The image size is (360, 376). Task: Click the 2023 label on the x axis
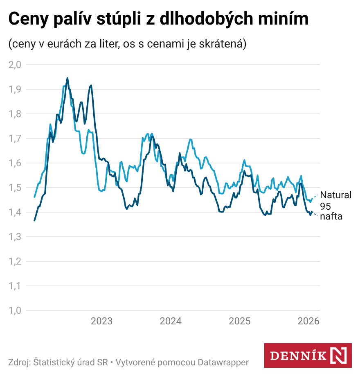(101, 321)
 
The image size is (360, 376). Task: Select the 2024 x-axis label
(171, 321)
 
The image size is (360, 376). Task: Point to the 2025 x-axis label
(239, 321)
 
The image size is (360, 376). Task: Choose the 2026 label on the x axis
(308, 321)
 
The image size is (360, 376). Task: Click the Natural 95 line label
(335, 200)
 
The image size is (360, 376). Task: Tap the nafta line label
(331, 216)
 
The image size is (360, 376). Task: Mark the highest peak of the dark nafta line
(67, 78)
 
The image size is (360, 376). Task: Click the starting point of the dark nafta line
(34, 220)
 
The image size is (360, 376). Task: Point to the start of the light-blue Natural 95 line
(34, 197)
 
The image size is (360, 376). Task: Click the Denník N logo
(308, 355)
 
